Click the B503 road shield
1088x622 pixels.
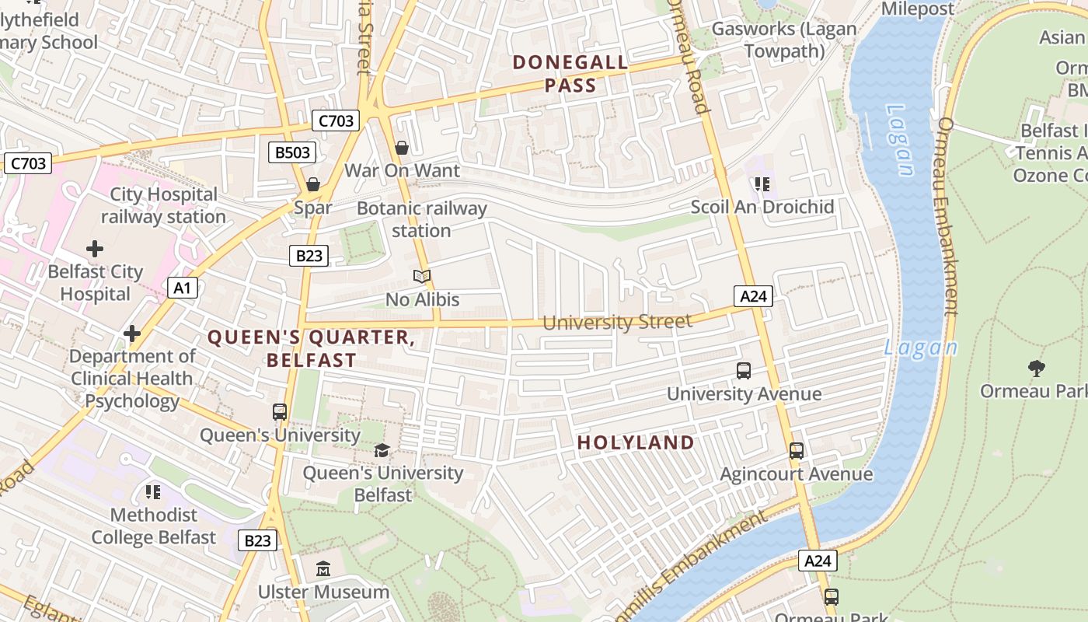click(293, 152)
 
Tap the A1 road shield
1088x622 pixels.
click(182, 288)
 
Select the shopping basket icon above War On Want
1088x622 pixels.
click(402, 148)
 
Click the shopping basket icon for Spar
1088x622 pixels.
click(312, 184)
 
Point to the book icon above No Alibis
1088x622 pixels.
click(422, 276)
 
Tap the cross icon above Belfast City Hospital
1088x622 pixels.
click(95, 249)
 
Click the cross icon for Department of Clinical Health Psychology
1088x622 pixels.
click(132, 334)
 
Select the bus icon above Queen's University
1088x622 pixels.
click(280, 412)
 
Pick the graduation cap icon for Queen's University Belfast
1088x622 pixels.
click(382, 450)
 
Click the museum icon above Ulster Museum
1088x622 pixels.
click(323, 569)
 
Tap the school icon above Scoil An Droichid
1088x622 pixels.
click(762, 184)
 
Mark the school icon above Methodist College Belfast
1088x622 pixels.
click(153, 491)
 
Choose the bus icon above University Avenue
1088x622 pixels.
click(744, 371)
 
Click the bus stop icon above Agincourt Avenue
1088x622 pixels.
click(796, 451)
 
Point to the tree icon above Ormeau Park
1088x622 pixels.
click(1035, 368)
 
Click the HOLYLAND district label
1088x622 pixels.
click(636, 442)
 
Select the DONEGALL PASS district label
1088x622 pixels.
click(570, 74)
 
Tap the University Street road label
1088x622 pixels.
click(617, 322)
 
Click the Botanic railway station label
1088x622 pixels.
click(422, 219)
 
